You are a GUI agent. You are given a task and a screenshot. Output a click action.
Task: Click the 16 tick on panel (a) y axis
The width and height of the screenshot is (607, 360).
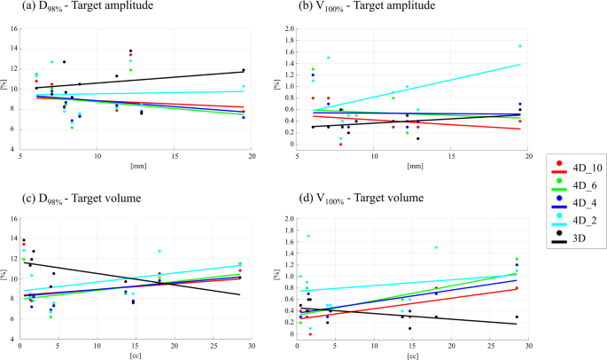(13, 28)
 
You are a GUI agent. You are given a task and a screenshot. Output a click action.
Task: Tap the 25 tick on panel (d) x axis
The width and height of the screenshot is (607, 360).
(490, 346)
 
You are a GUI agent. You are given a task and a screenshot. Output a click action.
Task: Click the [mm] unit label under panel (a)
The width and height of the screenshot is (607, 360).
(136, 164)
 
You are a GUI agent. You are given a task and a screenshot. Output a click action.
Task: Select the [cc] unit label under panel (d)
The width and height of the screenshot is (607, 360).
(413, 355)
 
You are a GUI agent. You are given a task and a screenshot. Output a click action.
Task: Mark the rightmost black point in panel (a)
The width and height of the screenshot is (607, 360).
(243, 70)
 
